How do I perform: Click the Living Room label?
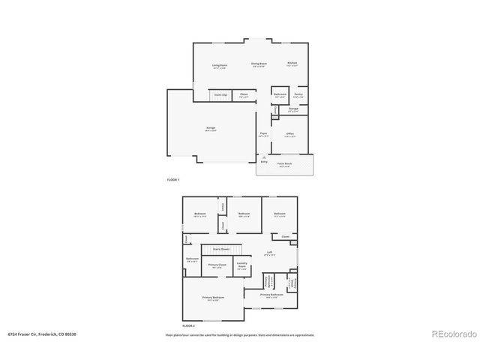(x=219, y=66)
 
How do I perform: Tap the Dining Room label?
(x=259, y=64)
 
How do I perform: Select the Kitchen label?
(x=292, y=63)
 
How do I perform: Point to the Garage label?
(x=211, y=128)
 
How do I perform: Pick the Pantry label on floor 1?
(x=298, y=94)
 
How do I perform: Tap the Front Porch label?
(x=284, y=163)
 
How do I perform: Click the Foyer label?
(x=264, y=134)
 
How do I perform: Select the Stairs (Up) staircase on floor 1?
(x=220, y=95)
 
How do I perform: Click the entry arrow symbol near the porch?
(x=263, y=156)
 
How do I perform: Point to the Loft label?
(x=269, y=253)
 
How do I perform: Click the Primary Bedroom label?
(x=213, y=298)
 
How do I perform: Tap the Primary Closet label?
(x=217, y=265)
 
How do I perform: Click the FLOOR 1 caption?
(x=173, y=180)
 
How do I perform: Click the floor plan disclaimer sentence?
(x=240, y=334)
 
